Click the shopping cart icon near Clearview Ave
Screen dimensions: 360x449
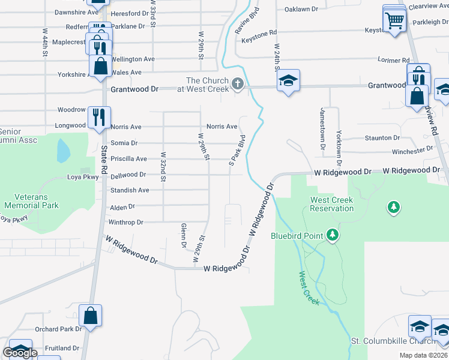[x=395, y=22]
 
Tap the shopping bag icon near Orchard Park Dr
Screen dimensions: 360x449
[x=90, y=316]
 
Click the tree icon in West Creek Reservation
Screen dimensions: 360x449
[x=394, y=208]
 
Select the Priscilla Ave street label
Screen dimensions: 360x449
[x=128, y=159]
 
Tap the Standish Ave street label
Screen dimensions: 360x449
[x=130, y=190]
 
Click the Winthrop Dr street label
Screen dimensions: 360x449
[x=125, y=222]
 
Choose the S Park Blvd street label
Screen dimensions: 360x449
[x=238, y=150]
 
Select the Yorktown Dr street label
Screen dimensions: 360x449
[x=339, y=148]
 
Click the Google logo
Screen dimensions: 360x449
[x=20, y=353]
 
